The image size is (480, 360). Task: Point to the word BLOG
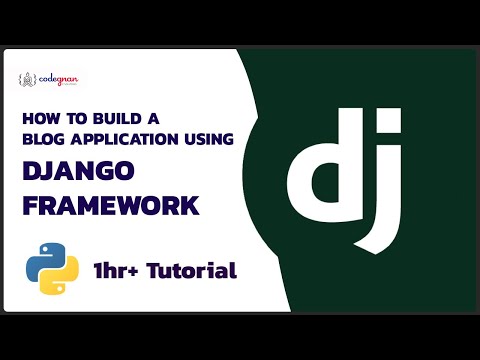pos(42,138)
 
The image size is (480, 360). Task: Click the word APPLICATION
pos(126,138)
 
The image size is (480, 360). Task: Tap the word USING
pos(209,138)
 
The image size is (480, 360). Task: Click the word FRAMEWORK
pos(110,205)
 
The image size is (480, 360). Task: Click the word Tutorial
pos(196,270)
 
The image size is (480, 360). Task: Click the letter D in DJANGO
pos(32,171)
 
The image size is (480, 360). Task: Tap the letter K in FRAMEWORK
pos(188,205)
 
